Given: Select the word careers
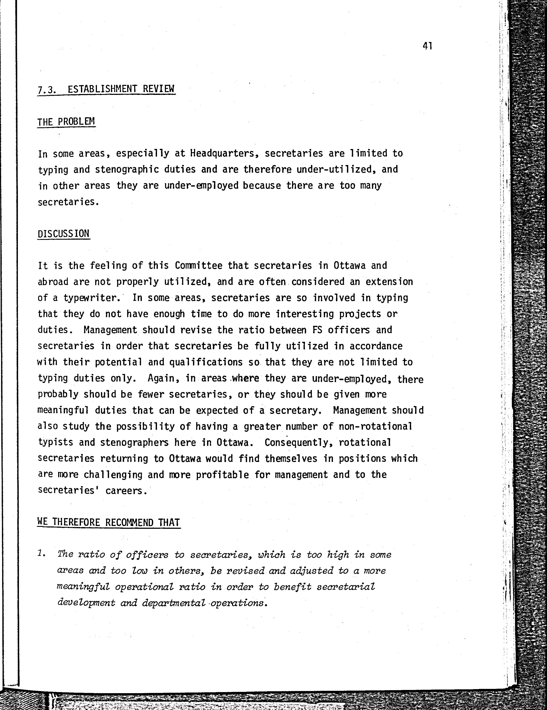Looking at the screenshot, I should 126,491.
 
